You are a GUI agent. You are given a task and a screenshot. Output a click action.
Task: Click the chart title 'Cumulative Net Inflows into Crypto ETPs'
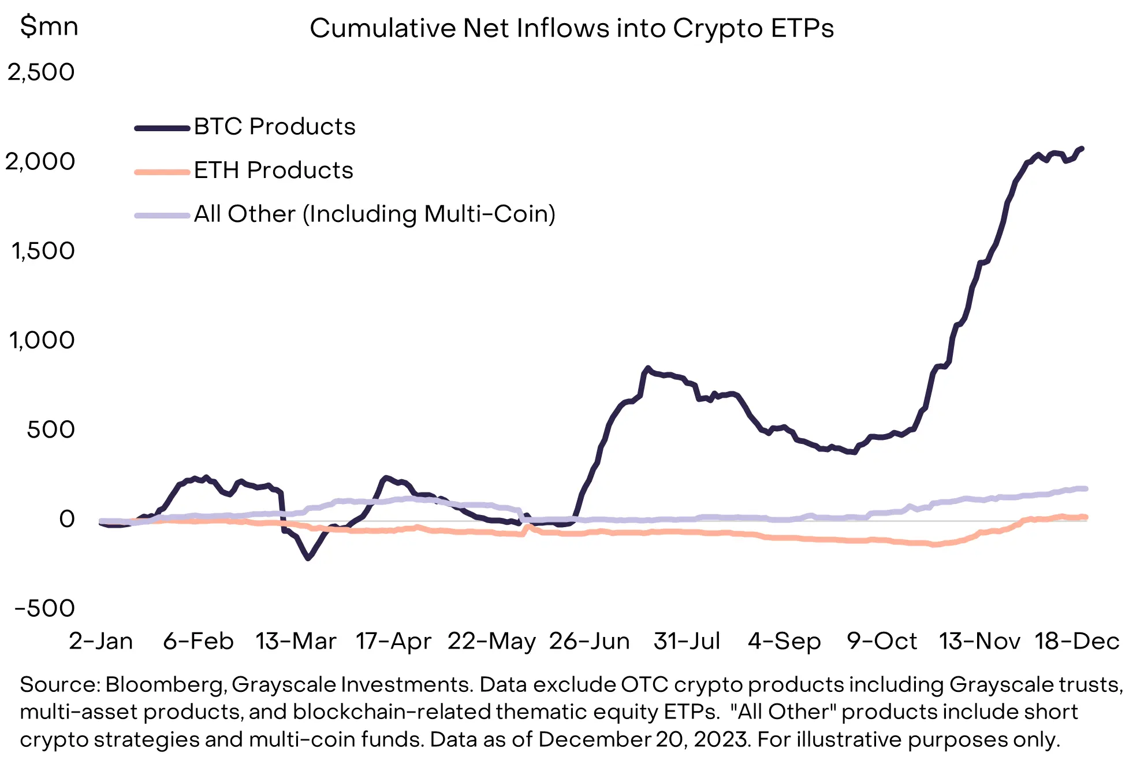[572, 28]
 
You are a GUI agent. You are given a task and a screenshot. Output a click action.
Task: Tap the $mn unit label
[49, 27]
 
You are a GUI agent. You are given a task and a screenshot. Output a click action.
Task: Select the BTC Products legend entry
[274, 127]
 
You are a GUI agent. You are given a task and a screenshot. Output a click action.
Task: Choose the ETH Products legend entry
[273, 171]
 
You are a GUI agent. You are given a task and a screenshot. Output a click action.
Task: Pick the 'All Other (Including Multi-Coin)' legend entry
[374, 214]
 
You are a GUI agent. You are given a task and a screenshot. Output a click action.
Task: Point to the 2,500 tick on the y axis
[41, 72]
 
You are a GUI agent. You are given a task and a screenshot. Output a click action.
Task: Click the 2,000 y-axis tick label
[40, 161]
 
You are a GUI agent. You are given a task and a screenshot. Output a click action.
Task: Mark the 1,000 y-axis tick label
[42, 340]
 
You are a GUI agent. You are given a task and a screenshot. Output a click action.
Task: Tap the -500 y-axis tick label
[45, 608]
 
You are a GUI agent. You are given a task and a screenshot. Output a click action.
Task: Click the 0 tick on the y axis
[67, 518]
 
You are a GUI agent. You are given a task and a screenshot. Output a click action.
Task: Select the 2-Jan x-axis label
[100, 641]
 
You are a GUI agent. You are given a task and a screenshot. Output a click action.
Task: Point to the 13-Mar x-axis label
[296, 641]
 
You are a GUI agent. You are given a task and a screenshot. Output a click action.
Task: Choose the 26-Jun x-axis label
[589, 641]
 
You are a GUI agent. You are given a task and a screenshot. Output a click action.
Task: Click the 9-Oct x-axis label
[882, 641]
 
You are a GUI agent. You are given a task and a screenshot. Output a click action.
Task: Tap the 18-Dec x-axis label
[1077, 641]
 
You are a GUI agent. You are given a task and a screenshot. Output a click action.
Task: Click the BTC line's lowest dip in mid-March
[308, 558]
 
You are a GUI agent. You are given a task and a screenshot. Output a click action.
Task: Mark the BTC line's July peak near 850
[647, 368]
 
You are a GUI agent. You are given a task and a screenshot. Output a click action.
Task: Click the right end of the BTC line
[1082, 149]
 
